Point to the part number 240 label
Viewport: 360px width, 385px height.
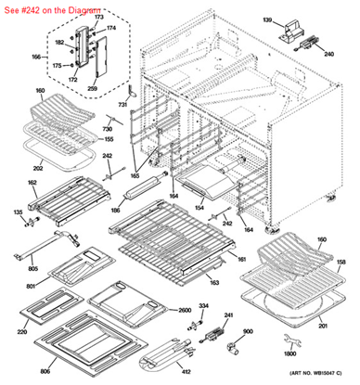(x=328, y=54)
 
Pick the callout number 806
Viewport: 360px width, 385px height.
(x=45, y=371)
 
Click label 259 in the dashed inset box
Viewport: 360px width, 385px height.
(x=93, y=87)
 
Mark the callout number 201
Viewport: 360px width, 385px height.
(x=323, y=326)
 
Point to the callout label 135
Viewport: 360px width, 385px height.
(x=16, y=212)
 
